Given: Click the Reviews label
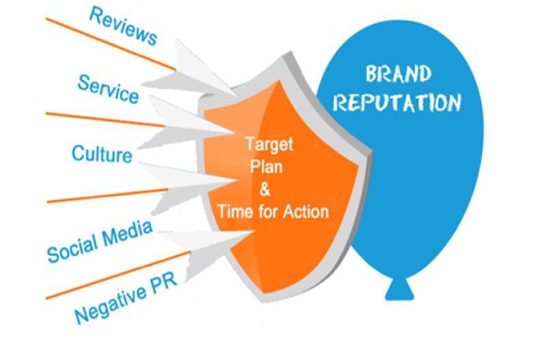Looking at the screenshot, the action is click(x=124, y=26).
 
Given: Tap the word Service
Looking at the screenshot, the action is click(x=109, y=89).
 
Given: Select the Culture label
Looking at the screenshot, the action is click(x=102, y=154).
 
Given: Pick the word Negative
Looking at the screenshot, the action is click(x=111, y=304).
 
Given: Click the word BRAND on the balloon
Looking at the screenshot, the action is click(x=399, y=74).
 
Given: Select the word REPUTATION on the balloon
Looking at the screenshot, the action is click(x=397, y=102).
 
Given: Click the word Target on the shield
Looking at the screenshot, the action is click(x=269, y=144).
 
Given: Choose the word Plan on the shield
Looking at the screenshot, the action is click(x=266, y=166).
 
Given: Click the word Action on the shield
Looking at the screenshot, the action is click(x=305, y=212).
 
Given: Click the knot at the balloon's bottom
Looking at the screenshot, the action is click(x=399, y=289).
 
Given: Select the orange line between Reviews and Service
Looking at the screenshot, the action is click(x=111, y=44).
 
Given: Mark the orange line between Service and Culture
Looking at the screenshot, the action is click(x=105, y=120).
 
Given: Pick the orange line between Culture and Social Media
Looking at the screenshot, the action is click(x=108, y=195).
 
